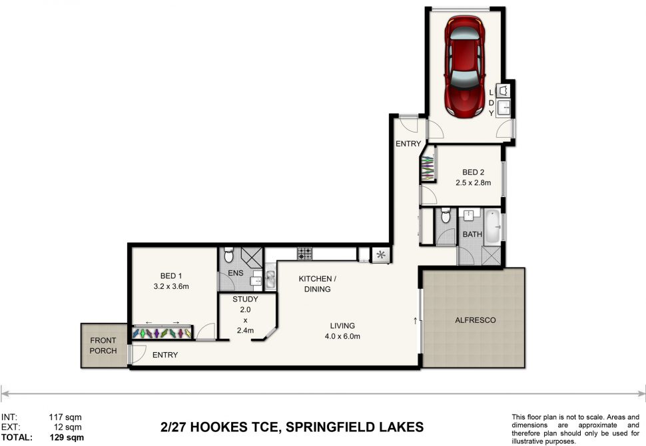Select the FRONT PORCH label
tap(103, 345)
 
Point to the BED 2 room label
tap(474, 172)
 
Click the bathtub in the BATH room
tap(491, 226)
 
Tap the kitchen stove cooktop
tap(304, 254)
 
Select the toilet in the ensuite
tap(228, 255)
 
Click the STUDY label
tap(245, 300)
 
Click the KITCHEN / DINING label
tap(318, 284)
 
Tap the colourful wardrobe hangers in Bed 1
tap(162, 332)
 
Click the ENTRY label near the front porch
tap(164, 355)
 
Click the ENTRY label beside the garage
tap(408, 144)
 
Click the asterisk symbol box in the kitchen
tap(381, 254)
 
